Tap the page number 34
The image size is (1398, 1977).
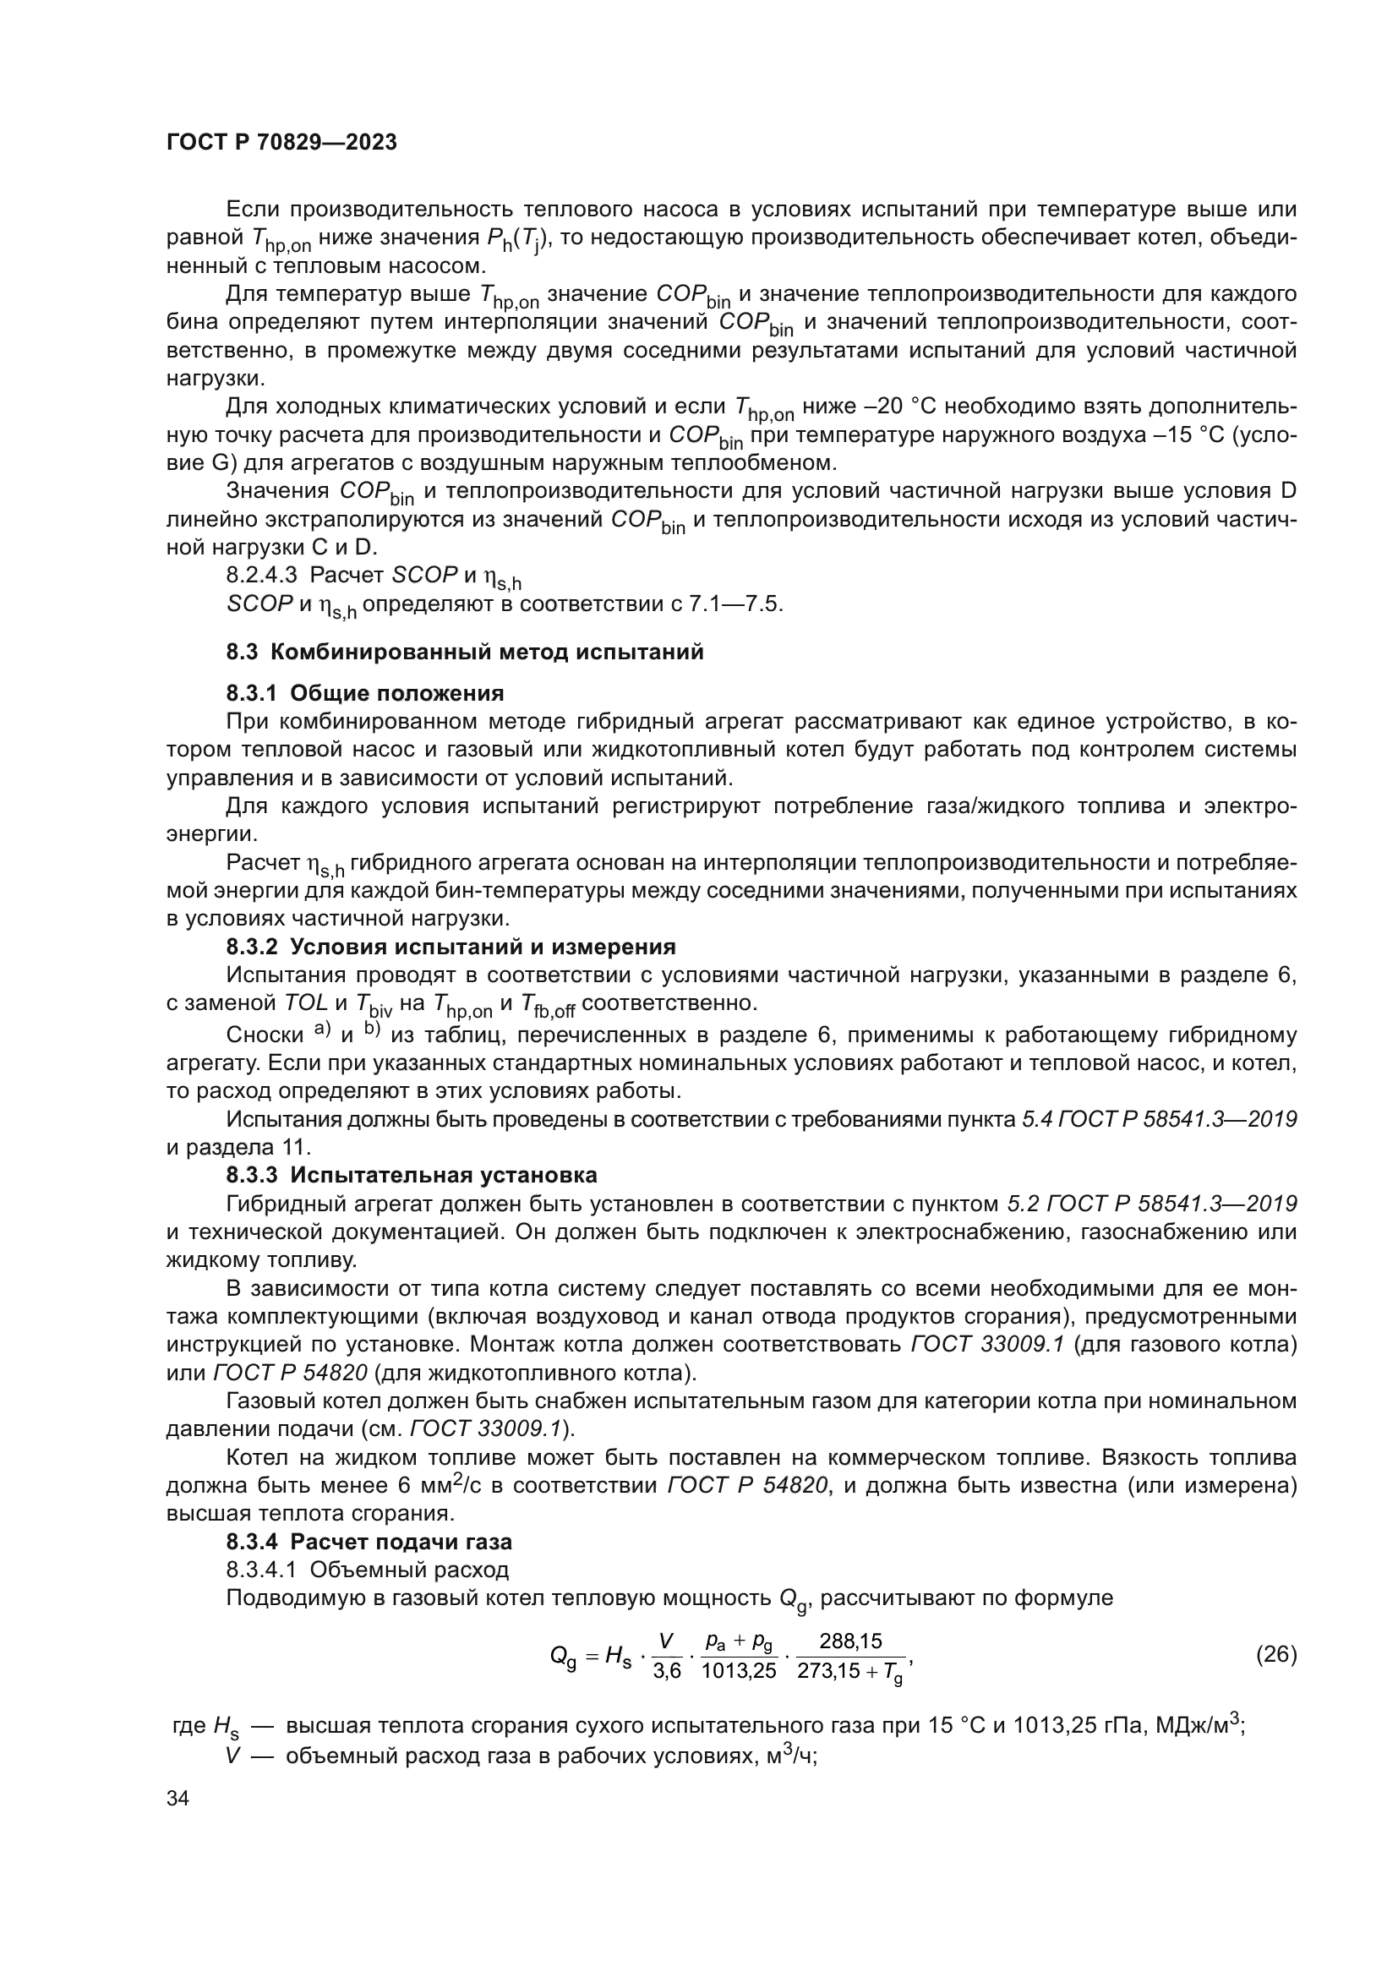(178, 1799)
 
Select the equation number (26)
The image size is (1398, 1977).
(1275, 1654)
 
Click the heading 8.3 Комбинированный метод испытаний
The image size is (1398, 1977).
(465, 652)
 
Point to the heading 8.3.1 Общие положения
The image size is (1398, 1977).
(365, 693)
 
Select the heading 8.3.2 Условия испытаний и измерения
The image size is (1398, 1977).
(451, 948)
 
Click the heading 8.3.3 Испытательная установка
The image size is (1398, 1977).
(412, 1176)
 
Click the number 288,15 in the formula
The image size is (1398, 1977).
(850, 1641)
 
